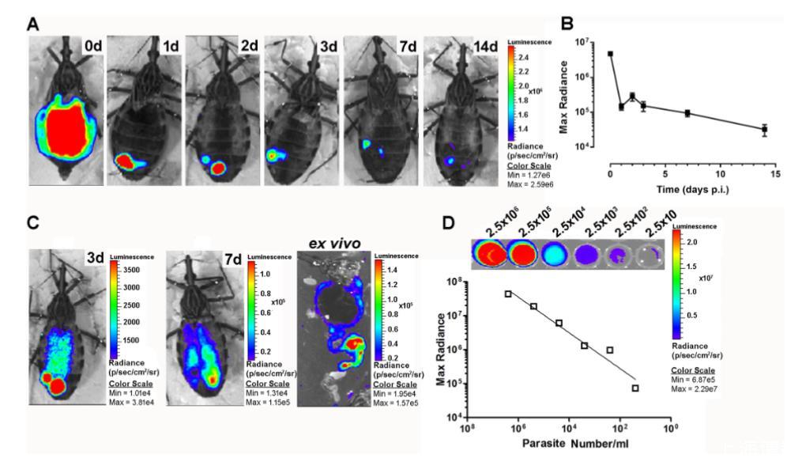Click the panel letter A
33,24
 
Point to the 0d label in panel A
90,46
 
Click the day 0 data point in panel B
610,54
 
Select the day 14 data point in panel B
764,129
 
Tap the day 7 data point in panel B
687,113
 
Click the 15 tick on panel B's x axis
775,174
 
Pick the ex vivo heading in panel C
334,243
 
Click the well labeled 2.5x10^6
491,252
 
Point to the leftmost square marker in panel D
508,293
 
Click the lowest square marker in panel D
635,388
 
